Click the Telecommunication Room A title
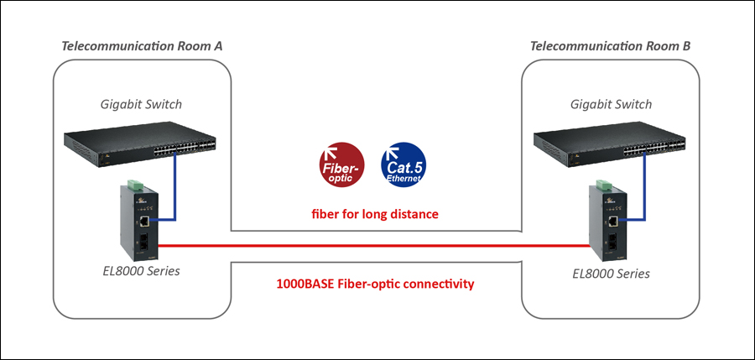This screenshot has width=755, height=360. [x=142, y=46]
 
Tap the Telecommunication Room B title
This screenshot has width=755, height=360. [x=610, y=46]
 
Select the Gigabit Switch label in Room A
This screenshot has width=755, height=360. [x=142, y=104]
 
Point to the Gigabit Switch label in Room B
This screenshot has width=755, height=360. [x=611, y=104]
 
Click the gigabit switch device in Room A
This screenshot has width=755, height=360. [x=140, y=144]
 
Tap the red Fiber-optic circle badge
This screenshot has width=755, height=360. [x=342, y=164]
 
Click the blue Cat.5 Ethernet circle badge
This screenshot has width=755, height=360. [x=404, y=164]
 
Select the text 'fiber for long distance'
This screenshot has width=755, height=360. [x=375, y=213]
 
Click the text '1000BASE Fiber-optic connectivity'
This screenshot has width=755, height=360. [x=375, y=284]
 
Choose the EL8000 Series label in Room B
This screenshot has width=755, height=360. [x=611, y=274]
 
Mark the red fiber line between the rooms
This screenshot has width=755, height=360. [x=374, y=246]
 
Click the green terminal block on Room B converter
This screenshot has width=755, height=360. [x=604, y=185]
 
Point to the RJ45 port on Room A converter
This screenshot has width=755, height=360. [x=144, y=222]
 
